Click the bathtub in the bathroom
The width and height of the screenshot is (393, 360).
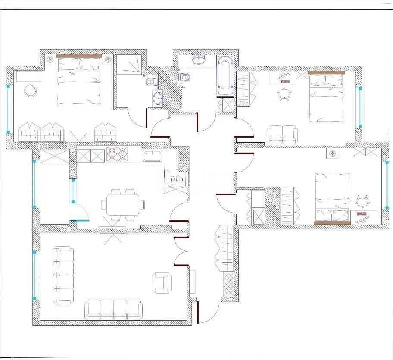click(225, 77)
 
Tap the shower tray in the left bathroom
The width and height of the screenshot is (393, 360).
click(129, 64)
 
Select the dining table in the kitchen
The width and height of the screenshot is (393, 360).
click(123, 206)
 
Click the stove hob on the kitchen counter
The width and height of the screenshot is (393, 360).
click(117, 154)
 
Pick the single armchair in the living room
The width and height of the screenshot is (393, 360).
click(162, 283)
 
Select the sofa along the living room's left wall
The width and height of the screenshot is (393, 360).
click(63, 275)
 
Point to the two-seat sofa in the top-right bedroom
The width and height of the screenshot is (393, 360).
click(282, 135)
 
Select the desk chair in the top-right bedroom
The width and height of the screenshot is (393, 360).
click(284, 94)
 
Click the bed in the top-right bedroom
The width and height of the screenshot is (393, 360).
click(327, 97)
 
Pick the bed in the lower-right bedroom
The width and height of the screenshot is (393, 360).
click(332, 198)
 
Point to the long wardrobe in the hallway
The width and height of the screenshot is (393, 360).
click(226, 249)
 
